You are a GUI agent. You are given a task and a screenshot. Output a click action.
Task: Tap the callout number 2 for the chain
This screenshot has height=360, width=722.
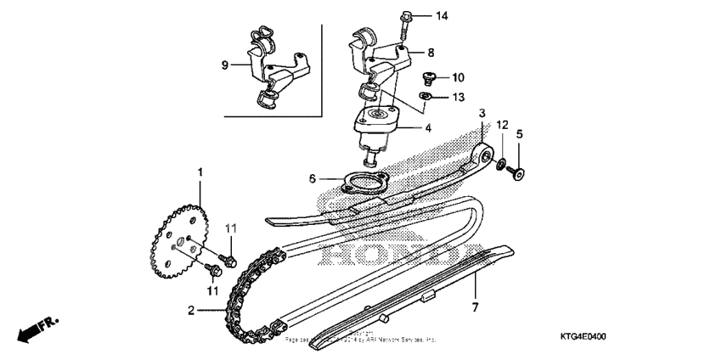[x=190, y=311]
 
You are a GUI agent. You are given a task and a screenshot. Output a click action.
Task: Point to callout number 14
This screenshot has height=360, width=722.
[x=440, y=16]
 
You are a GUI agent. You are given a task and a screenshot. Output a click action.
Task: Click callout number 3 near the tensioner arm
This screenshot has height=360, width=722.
[x=482, y=112]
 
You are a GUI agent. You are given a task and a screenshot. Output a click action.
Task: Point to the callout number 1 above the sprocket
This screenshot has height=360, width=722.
[x=201, y=172]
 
